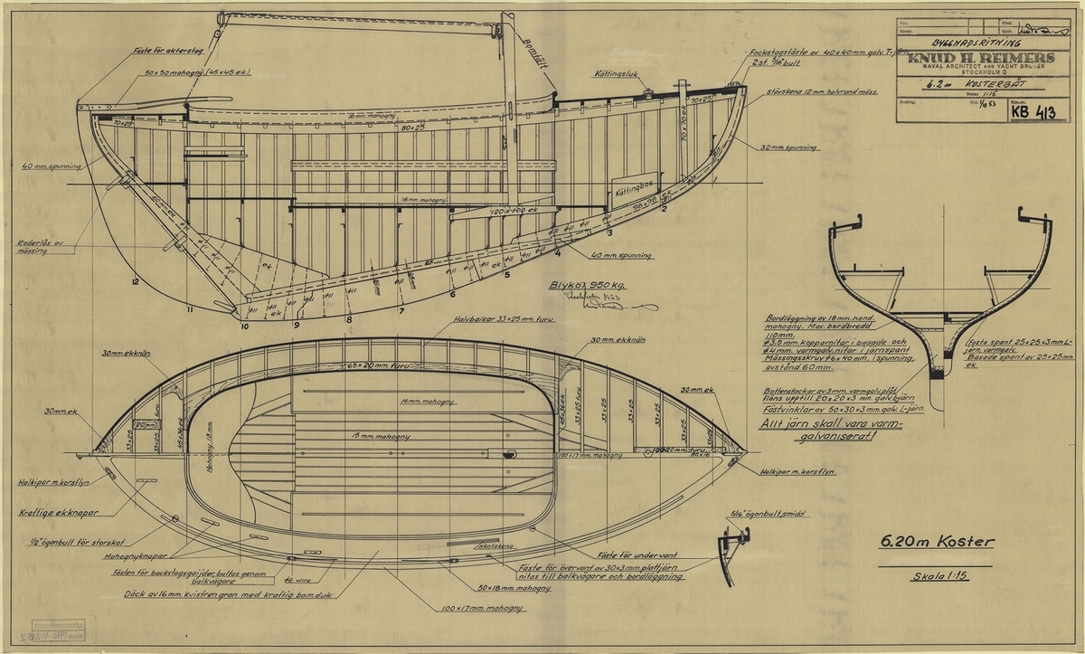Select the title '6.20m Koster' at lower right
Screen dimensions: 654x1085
(937, 543)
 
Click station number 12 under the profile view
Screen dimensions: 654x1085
(134, 283)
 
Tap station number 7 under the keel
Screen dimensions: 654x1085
(401, 312)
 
